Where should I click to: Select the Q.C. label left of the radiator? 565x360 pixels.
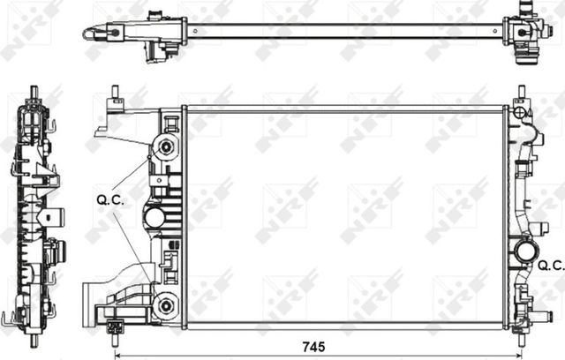(109, 199)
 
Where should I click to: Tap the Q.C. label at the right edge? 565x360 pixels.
(551, 264)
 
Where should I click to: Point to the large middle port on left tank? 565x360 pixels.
(155, 217)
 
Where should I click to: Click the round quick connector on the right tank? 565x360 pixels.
(527, 251)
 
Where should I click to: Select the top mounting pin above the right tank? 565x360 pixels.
(521, 92)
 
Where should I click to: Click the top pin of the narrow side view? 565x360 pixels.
(34, 92)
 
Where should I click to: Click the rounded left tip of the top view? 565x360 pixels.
(87, 34)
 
